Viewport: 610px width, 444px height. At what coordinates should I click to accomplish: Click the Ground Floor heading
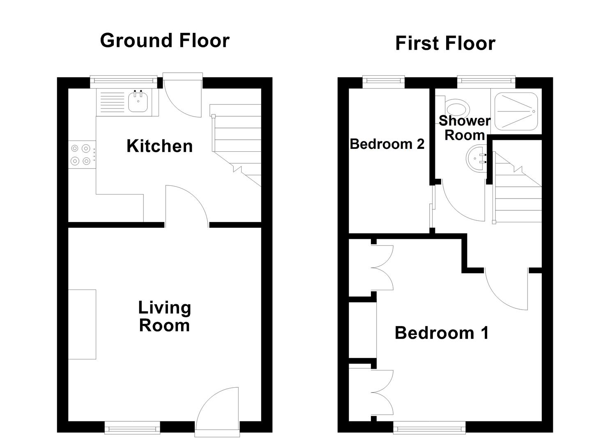[165, 41]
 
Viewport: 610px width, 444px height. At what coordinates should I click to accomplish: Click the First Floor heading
[445, 44]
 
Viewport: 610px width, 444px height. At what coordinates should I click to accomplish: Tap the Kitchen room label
[159, 146]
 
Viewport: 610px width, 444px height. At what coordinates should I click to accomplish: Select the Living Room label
[164, 317]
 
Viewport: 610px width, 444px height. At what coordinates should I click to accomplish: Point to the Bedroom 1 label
[442, 333]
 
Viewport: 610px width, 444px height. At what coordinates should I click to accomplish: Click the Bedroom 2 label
[387, 144]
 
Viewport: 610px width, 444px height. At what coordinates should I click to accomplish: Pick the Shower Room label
[464, 128]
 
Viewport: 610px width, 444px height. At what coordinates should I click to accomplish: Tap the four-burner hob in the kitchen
[81, 155]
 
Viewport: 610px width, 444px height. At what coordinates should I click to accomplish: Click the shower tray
[516, 111]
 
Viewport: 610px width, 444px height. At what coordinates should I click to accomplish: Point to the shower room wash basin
[476, 159]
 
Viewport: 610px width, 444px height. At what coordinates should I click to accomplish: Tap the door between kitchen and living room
[187, 206]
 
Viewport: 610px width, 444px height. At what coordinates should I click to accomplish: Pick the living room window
[132, 428]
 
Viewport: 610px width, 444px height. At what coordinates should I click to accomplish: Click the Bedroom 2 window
[383, 82]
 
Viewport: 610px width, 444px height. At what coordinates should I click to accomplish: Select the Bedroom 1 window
[429, 428]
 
